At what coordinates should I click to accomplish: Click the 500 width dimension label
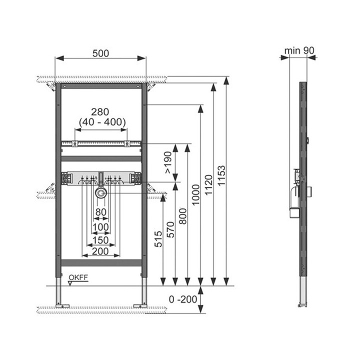coord(100,53)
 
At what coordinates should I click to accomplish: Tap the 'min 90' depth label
coord(299,50)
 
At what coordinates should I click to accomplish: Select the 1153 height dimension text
coord(221,175)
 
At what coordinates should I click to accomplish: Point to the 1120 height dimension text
coord(208,185)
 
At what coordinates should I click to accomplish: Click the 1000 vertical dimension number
coord(196,194)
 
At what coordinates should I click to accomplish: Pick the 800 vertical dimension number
coord(183,216)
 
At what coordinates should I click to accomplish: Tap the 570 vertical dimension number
coord(170,229)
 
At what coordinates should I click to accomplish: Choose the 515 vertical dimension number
coord(158,239)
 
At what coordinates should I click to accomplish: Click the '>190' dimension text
coord(168,162)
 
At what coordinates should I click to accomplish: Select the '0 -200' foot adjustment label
coord(183,299)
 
